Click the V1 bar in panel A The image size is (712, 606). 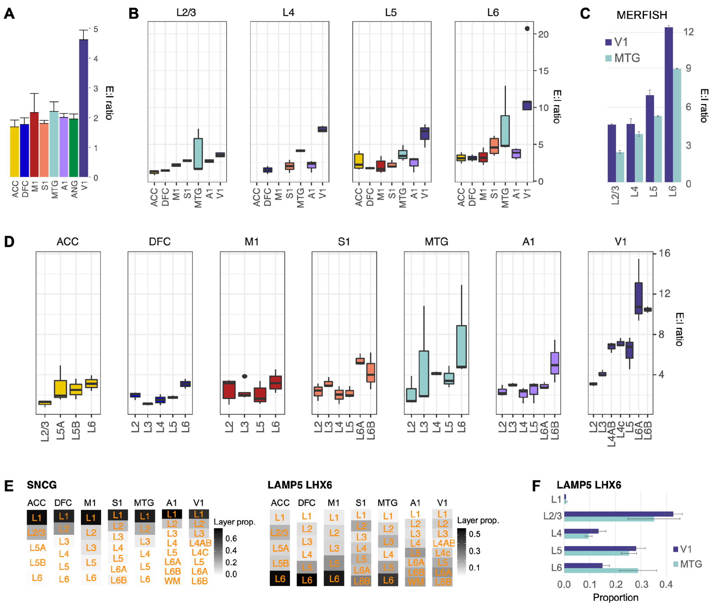tap(83, 108)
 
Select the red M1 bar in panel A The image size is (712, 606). tap(34, 144)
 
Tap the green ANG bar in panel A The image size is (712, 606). tap(74, 148)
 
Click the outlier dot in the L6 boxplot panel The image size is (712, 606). tap(527, 29)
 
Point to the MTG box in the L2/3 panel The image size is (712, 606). tap(198, 154)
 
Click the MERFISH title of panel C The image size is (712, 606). tap(641, 15)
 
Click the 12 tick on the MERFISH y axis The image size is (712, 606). tap(688, 32)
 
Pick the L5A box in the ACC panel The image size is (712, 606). tap(60, 389)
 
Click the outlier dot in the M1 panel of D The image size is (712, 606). tap(244, 376)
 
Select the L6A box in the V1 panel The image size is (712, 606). tap(638, 298)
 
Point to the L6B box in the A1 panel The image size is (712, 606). tap(554, 363)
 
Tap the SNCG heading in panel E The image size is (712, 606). tap(42, 485)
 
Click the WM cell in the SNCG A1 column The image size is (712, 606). tap(172, 581)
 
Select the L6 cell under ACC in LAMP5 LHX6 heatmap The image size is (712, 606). tap(280, 579)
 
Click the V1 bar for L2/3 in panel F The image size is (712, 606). tap(618, 514)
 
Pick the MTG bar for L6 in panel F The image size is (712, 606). tap(601, 571)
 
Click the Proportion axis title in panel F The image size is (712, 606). tap(615, 598)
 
